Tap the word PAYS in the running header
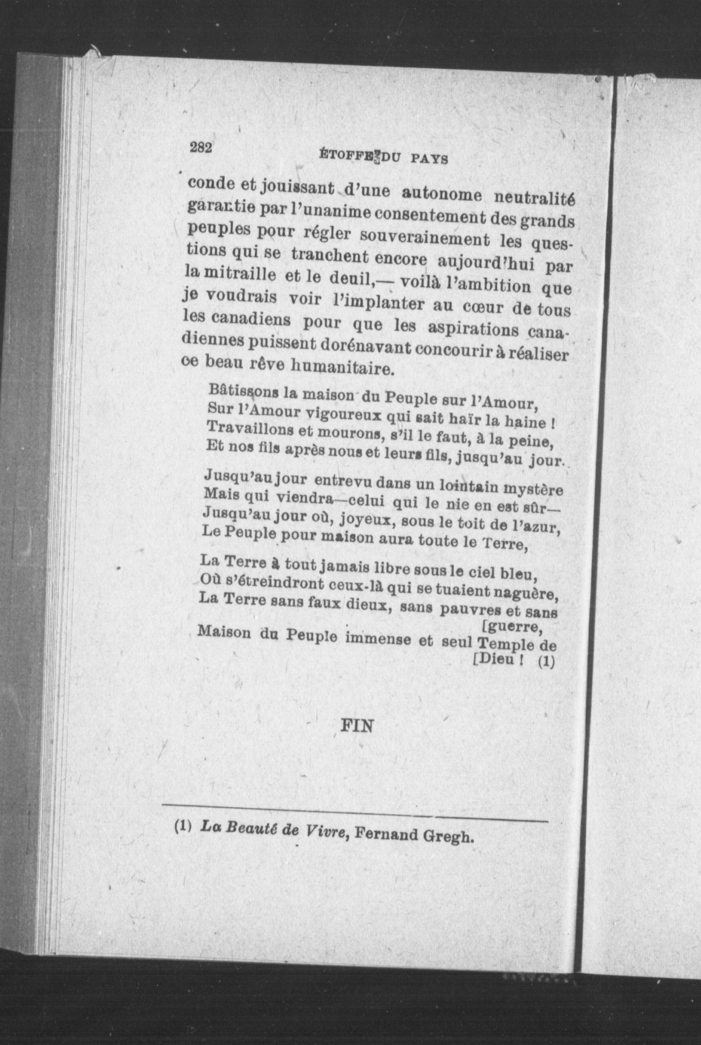[x=430, y=159]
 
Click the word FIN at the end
[x=357, y=726]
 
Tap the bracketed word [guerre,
[x=513, y=627]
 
